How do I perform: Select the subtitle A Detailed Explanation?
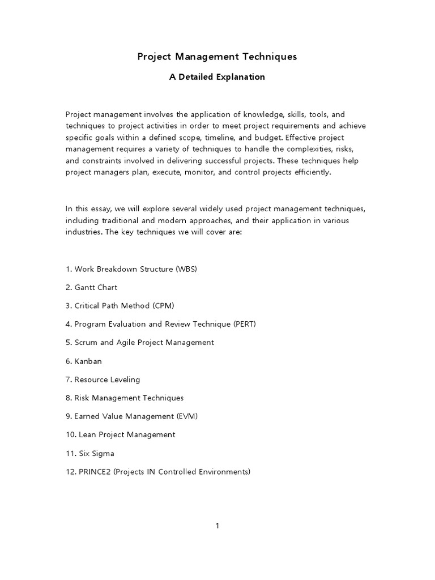217,77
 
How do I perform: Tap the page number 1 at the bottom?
217,526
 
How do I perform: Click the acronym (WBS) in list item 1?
186,269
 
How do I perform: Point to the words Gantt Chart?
96,287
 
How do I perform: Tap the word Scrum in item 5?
86,342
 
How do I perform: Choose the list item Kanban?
88,361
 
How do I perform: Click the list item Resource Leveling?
107,379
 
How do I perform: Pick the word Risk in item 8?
83,398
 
